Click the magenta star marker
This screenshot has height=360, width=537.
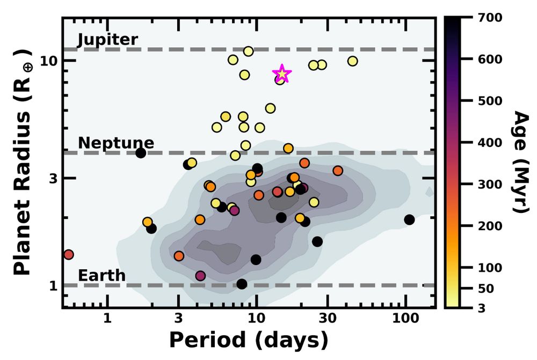click(x=282, y=75)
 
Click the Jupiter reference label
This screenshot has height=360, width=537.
click(x=108, y=40)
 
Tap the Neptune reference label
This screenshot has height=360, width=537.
click(x=116, y=143)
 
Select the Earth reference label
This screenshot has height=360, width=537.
click(x=101, y=276)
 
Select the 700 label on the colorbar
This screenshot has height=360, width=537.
click(x=490, y=18)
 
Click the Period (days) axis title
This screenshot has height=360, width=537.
click(x=249, y=340)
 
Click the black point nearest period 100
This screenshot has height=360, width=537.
click(x=409, y=219)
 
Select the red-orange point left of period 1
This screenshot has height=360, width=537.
click(x=68, y=254)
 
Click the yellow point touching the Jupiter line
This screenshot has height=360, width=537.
click(x=248, y=52)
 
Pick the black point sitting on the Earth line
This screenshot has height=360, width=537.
click(x=242, y=284)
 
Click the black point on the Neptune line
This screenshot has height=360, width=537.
click(x=141, y=153)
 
